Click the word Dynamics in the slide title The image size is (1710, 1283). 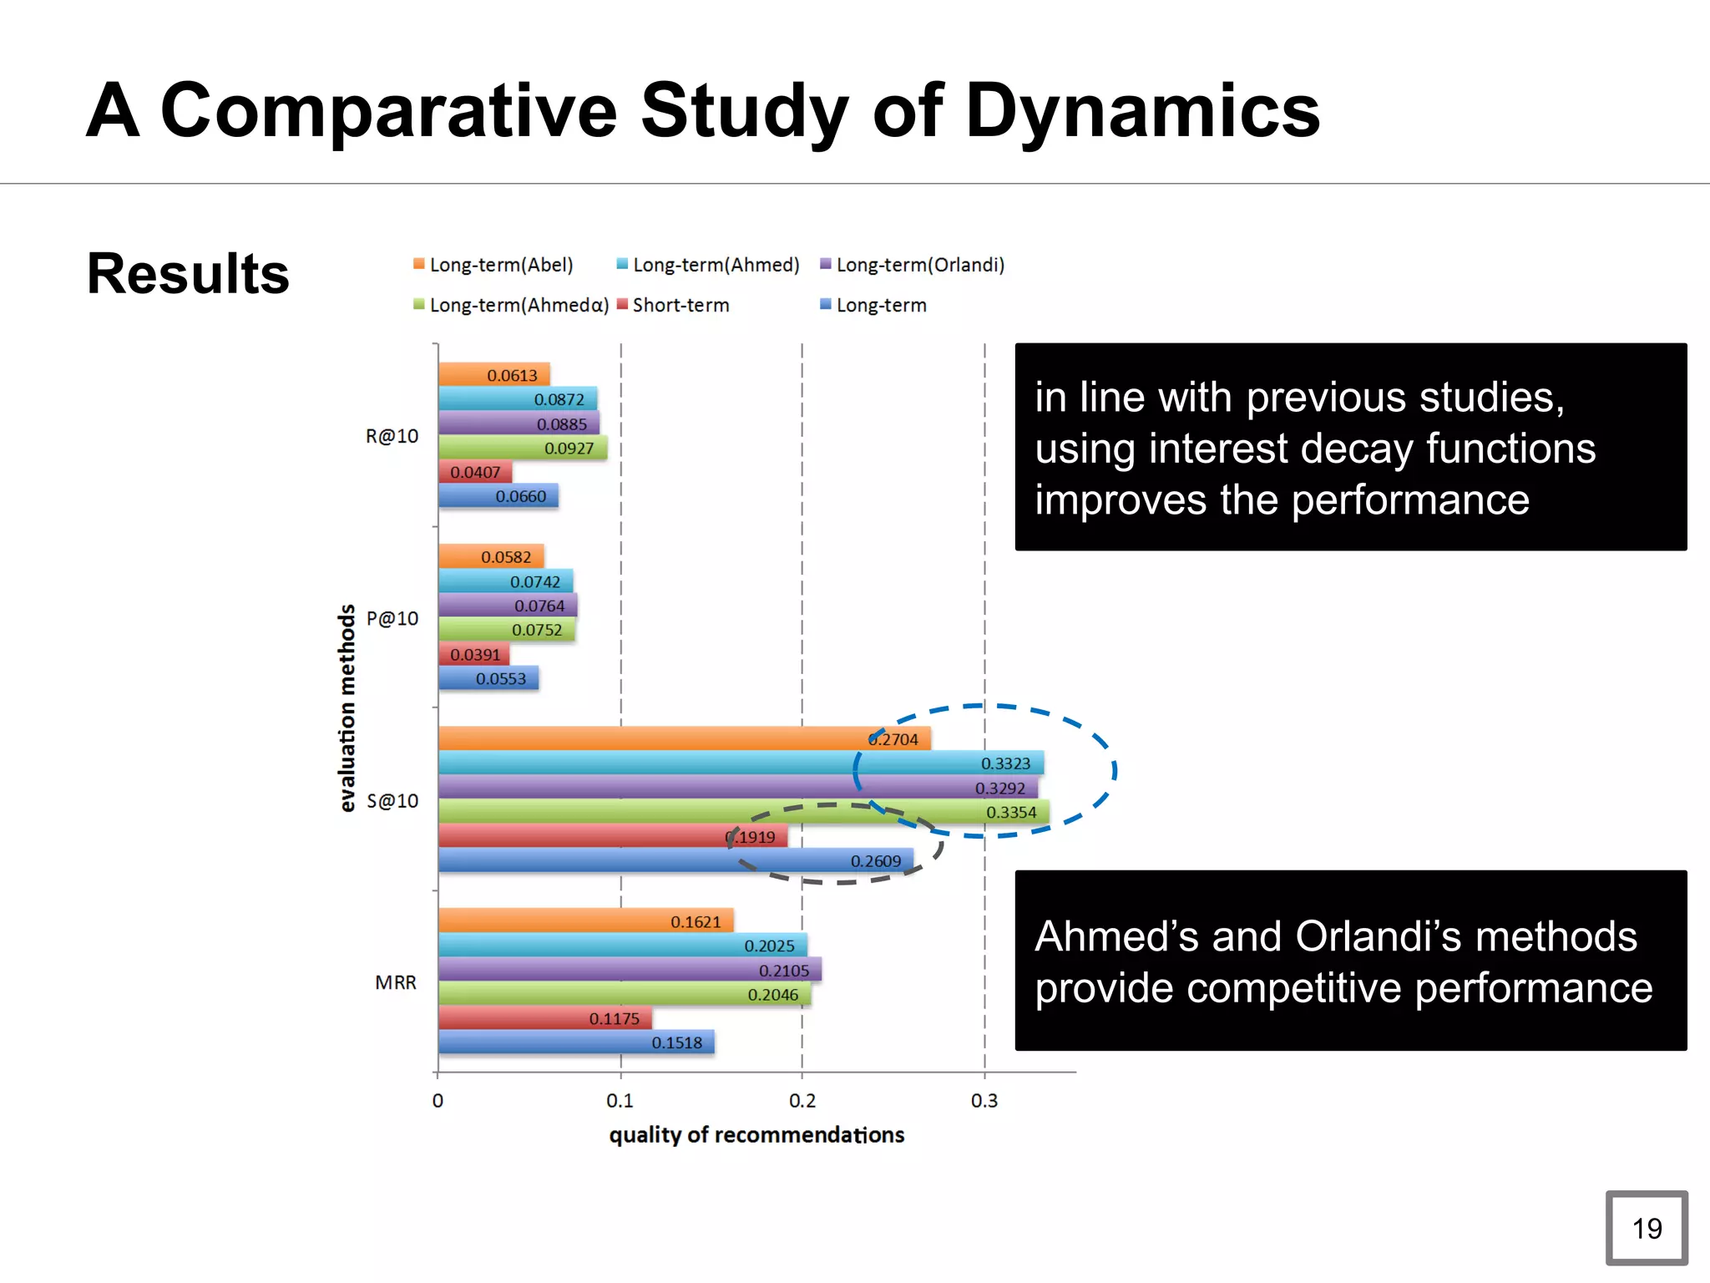[1141, 111]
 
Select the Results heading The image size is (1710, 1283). [188, 274]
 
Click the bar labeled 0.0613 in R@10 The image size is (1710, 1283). [493, 375]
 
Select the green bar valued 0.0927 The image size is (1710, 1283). [522, 448]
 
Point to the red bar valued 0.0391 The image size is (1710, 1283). [473, 654]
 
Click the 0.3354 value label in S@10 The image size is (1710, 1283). [1010, 812]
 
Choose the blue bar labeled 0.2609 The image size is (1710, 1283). [675, 860]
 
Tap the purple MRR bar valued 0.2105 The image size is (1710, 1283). [629, 970]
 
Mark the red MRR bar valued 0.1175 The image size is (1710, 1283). [544, 1018]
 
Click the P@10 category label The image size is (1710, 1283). [392, 619]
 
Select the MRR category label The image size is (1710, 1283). [395, 983]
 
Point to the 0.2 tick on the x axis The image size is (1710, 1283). [802, 1101]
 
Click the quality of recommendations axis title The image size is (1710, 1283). [756, 1135]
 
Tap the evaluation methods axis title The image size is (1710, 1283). [347, 708]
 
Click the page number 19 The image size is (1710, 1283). [1647, 1228]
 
